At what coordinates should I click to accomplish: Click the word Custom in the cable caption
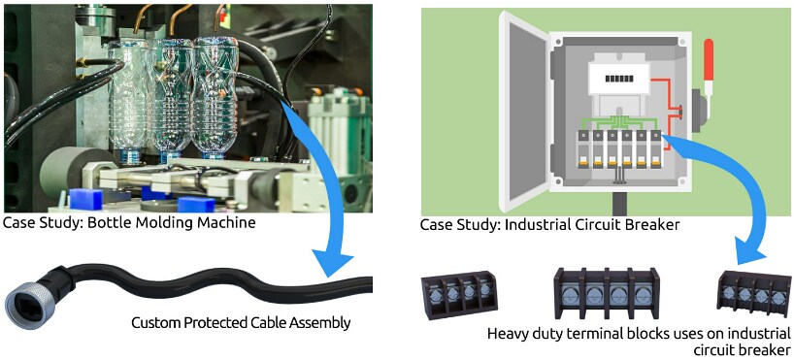pyautogui.click(x=155, y=322)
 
